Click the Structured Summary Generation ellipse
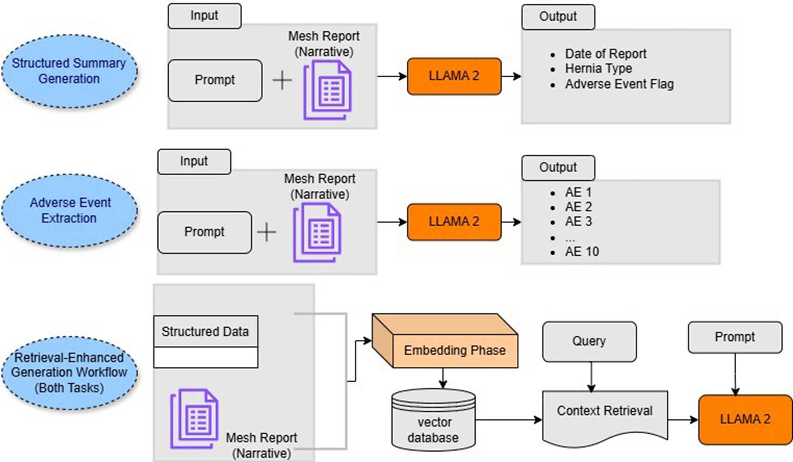pyautogui.click(x=70, y=71)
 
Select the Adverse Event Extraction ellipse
pyautogui.click(x=70, y=211)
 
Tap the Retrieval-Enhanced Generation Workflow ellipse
pyautogui.click(x=70, y=373)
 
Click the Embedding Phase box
pyautogui.click(x=454, y=350)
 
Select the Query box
pyautogui.click(x=589, y=341)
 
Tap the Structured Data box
pyautogui.click(x=205, y=332)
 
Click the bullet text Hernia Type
pyautogui.click(x=598, y=69)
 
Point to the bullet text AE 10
pyautogui.click(x=582, y=251)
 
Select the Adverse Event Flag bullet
pyautogui.click(x=619, y=84)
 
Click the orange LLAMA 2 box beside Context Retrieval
pyautogui.click(x=745, y=419)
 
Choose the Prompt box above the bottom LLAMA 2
pyautogui.click(x=735, y=337)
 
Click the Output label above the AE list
pyautogui.click(x=558, y=167)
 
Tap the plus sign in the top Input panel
pyautogui.click(x=282, y=81)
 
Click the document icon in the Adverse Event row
pyautogui.click(x=317, y=232)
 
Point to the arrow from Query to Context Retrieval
pyautogui.click(x=591, y=376)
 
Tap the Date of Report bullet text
pyautogui.click(x=605, y=54)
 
